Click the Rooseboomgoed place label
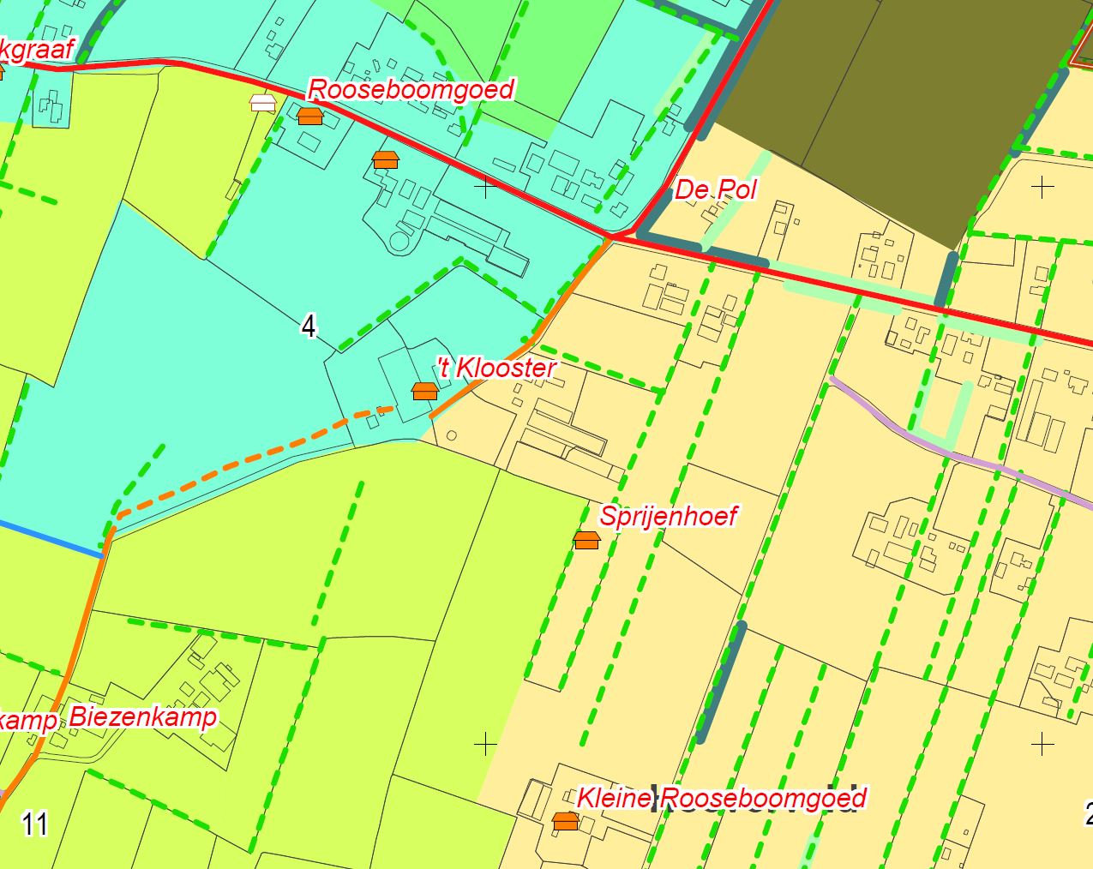(x=411, y=89)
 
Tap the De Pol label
(x=715, y=189)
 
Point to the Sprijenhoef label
(x=668, y=516)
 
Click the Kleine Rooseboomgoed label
(x=720, y=798)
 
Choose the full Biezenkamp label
(x=142, y=716)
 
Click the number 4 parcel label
(x=309, y=326)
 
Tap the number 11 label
(x=34, y=824)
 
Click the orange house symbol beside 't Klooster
(x=424, y=391)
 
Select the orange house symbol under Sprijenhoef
(x=586, y=540)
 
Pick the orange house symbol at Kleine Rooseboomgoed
(x=565, y=821)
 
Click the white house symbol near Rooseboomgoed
(x=262, y=103)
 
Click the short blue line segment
(x=51, y=538)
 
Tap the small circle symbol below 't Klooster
(x=452, y=435)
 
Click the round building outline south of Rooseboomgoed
(x=400, y=240)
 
